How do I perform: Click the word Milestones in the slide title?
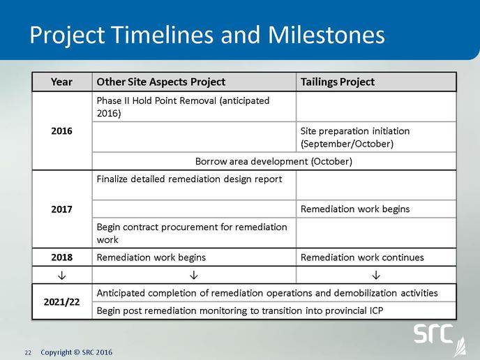pos(327,35)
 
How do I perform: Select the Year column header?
pos(61,82)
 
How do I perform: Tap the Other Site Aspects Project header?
pos(161,82)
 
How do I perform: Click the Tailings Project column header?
pos(338,82)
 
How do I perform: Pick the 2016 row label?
pos(61,131)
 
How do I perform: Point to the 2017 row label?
pos(61,209)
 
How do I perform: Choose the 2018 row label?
pos(61,257)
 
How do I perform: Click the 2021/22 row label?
pos(61,302)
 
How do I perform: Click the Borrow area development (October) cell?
pos(273,161)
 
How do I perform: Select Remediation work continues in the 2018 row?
pos(362,257)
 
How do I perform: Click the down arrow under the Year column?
pos(61,276)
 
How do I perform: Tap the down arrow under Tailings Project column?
pos(376,276)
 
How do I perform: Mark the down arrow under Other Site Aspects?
pos(193,276)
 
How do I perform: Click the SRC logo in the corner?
pos(440,339)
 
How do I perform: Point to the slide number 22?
pos(28,353)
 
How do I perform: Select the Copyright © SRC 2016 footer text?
pos(77,352)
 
